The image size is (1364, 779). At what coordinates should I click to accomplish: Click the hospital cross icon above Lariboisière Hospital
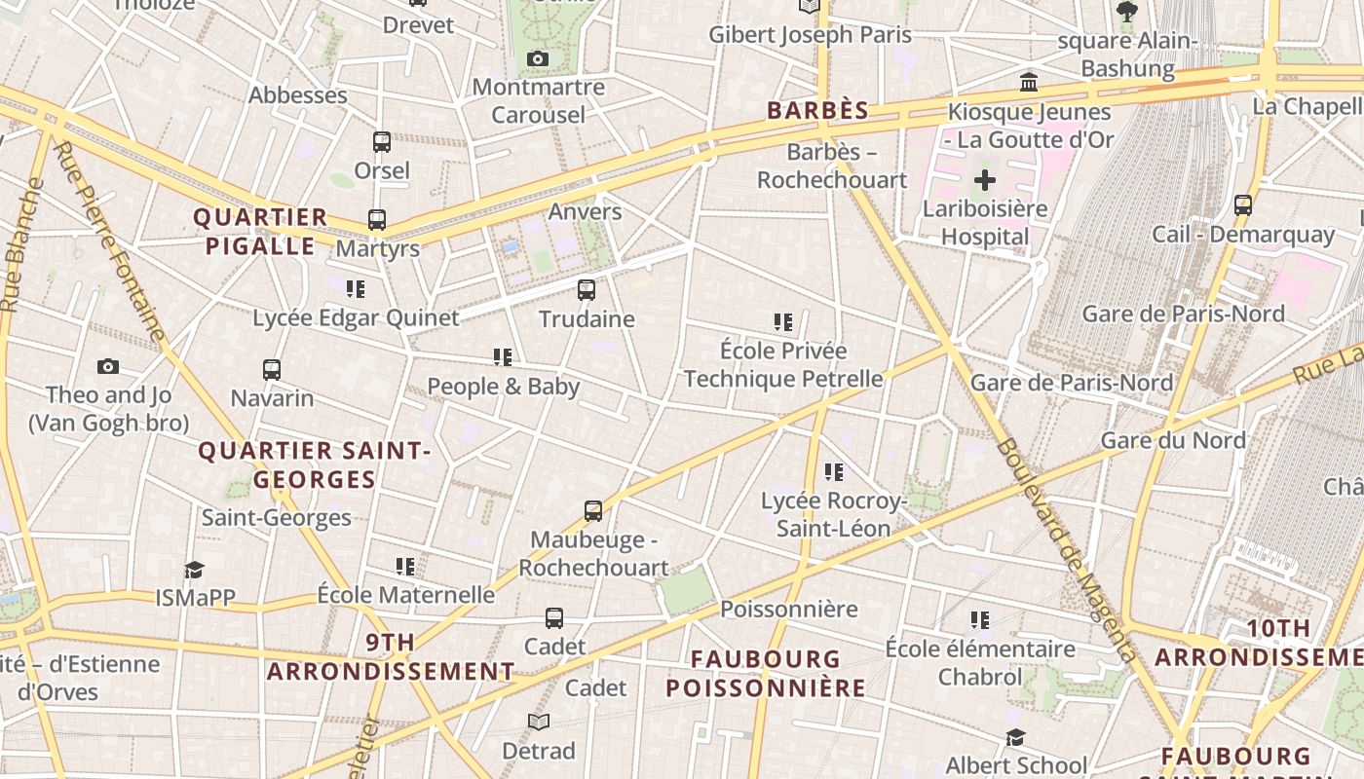click(985, 180)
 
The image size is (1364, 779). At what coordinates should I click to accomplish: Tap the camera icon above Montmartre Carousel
click(537, 59)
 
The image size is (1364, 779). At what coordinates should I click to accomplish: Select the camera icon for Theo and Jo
click(108, 367)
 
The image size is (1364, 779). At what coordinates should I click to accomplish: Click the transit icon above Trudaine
click(586, 290)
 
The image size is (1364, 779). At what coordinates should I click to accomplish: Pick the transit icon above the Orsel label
click(382, 142)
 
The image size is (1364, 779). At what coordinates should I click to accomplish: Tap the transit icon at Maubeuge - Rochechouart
click(592, 511)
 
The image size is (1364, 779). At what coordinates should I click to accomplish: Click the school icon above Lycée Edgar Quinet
click(356, 289)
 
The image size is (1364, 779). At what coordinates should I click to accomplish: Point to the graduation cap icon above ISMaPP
click(195, 570)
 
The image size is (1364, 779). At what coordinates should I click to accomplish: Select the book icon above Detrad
click(539, 723)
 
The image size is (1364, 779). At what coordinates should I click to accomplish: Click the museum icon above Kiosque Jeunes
click(1029, 83)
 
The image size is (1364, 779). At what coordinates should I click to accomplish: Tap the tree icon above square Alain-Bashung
click(1127, 12)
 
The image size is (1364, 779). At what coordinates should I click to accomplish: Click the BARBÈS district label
click(817, 110)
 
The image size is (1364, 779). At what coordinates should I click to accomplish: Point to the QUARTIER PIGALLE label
click(260, 231)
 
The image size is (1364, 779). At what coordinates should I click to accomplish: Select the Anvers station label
click(585, 211)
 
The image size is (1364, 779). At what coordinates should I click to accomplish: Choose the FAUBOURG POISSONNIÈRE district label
click(766, 674)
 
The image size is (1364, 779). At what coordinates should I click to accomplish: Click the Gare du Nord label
click(1173, 440)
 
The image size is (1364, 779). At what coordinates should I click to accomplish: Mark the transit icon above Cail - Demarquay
click(1242, 205)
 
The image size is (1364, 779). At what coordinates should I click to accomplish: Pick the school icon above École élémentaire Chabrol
click(980, 620)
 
